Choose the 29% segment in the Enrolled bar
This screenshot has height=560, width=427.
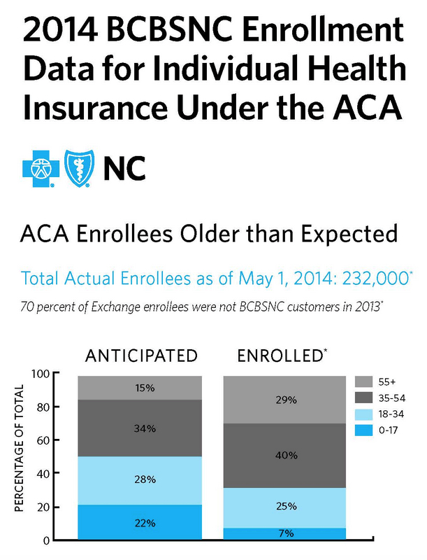pos(287,400)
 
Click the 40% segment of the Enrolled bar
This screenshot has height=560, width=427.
pos(287,456)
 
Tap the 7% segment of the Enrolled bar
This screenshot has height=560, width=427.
pos(287,534)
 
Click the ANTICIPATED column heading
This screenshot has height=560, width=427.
pos(141,356)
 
